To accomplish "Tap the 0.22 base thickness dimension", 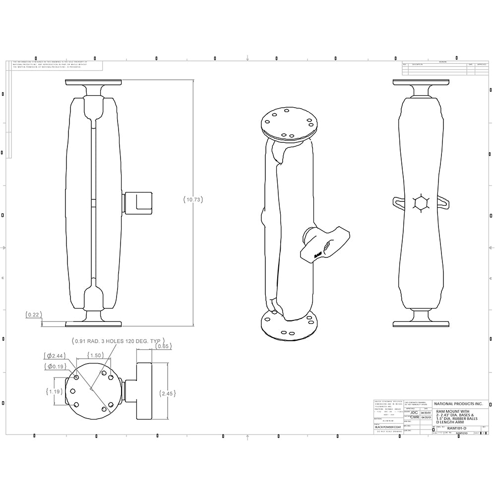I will coord(34,314).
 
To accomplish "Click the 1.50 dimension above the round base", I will coord(95,355).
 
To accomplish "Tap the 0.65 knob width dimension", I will coord(163,346).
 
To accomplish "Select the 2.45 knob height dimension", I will coord(167,393).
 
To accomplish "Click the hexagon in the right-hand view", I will coord(421,203).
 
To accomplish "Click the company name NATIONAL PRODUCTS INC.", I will coord(458,404).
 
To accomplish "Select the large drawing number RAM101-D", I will coord(457,428).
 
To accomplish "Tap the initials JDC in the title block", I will coord(414,412).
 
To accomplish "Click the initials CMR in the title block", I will coord(414,418).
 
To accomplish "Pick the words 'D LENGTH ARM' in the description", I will coord(448,422).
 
